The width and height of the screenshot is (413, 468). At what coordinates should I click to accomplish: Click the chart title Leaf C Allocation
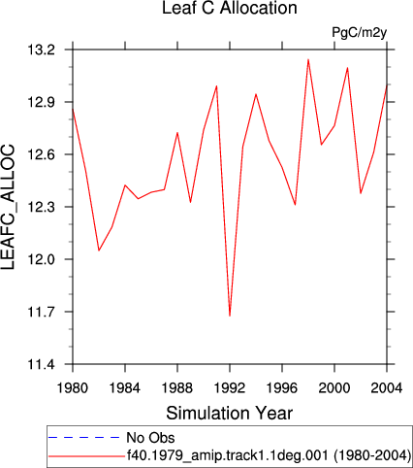[230, 8]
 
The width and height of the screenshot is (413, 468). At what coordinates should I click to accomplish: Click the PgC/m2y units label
[360, 33]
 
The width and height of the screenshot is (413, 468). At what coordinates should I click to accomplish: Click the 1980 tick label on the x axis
[73, 387]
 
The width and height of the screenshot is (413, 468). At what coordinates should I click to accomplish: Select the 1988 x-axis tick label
[177, 387]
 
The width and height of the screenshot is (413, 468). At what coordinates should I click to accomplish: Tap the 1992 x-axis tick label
[230, 387]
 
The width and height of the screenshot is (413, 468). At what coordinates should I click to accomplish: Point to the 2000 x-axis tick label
[334, 387]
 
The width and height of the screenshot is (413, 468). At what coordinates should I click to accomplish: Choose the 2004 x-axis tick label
[387, 387]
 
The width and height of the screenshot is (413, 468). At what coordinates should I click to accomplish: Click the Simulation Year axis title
[230, 414]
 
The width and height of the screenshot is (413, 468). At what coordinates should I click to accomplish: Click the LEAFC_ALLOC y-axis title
[8, 207]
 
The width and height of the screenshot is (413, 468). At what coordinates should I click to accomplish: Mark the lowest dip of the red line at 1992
[230, 316]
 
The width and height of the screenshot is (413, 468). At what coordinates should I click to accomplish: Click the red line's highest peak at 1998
[308, 59]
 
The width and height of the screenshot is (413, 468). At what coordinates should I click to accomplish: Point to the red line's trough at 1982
[99, 251]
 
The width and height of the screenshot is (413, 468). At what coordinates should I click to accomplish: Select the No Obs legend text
[150, 438]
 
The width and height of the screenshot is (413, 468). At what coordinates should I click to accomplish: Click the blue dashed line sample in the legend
[84, 438]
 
